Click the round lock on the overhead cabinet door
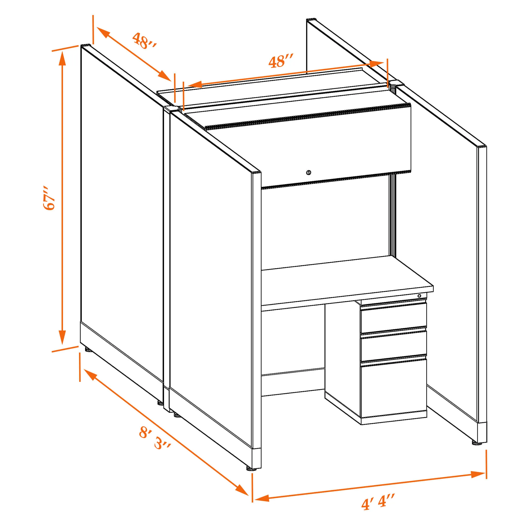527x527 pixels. (308, 172)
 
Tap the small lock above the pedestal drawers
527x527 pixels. (419, 296)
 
